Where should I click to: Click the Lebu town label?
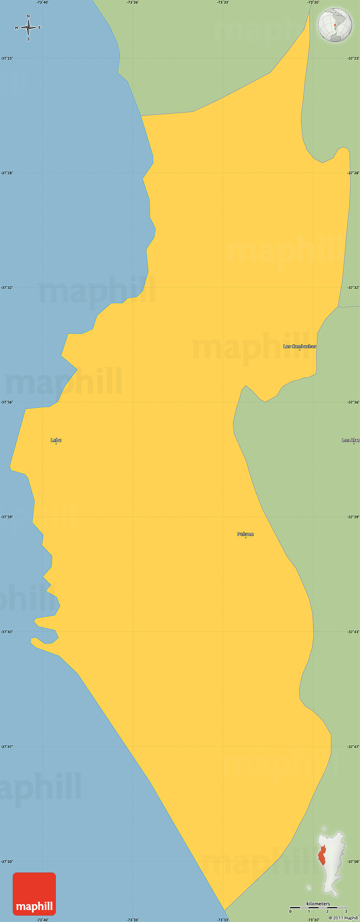[x=56, y=440]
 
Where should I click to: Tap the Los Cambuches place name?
[x=299, y=346]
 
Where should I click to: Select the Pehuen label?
[x=245, y=534]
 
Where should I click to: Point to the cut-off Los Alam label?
[x=351, y=440]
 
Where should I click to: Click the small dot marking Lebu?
[x=56, y=444]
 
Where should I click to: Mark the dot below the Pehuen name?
[x=245, y=538]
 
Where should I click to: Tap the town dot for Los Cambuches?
[x=299, y=350]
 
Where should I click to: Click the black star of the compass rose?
[x=28, y=28]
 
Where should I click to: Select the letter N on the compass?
[x=28, y=17]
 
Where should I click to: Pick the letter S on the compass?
[x=28, y=39]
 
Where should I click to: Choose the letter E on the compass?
[x=40, y=28]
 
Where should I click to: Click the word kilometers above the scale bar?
[x=318, y=903]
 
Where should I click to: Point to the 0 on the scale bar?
[x=291, y=911]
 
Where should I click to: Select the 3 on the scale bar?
[x=346, y=911]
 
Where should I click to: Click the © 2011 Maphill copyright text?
[x=343, y=918]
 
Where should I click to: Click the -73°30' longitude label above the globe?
[x=313, y=3]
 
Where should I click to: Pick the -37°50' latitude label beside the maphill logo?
[x=7, y=861]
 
